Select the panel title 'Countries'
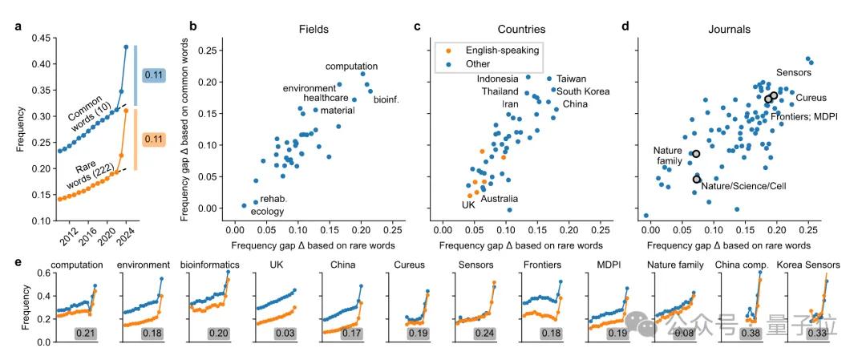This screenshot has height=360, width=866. [x=512, y=29]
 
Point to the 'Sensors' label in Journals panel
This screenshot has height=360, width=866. [x=795, y=73]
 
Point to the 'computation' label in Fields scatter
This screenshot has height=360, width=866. [x=351, y=67]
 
